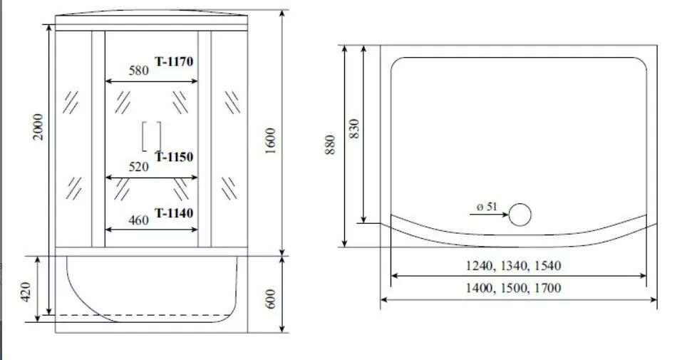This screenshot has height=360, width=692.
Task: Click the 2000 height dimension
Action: (x=41, y=127)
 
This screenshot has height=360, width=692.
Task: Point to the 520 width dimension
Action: (x=138, y=168)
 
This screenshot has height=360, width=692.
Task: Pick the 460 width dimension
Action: (x=138, y=220)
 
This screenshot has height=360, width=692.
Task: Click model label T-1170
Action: (x=175, y=61)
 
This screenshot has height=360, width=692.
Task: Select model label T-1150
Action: (x=175, y=157)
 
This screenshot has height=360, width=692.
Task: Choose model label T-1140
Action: (x=175, y=212)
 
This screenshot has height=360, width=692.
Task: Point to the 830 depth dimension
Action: (x=354, y=129)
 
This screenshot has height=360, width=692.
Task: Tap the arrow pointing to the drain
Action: (x=492, y=215)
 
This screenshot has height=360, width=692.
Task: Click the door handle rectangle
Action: (x=152, y=135)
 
